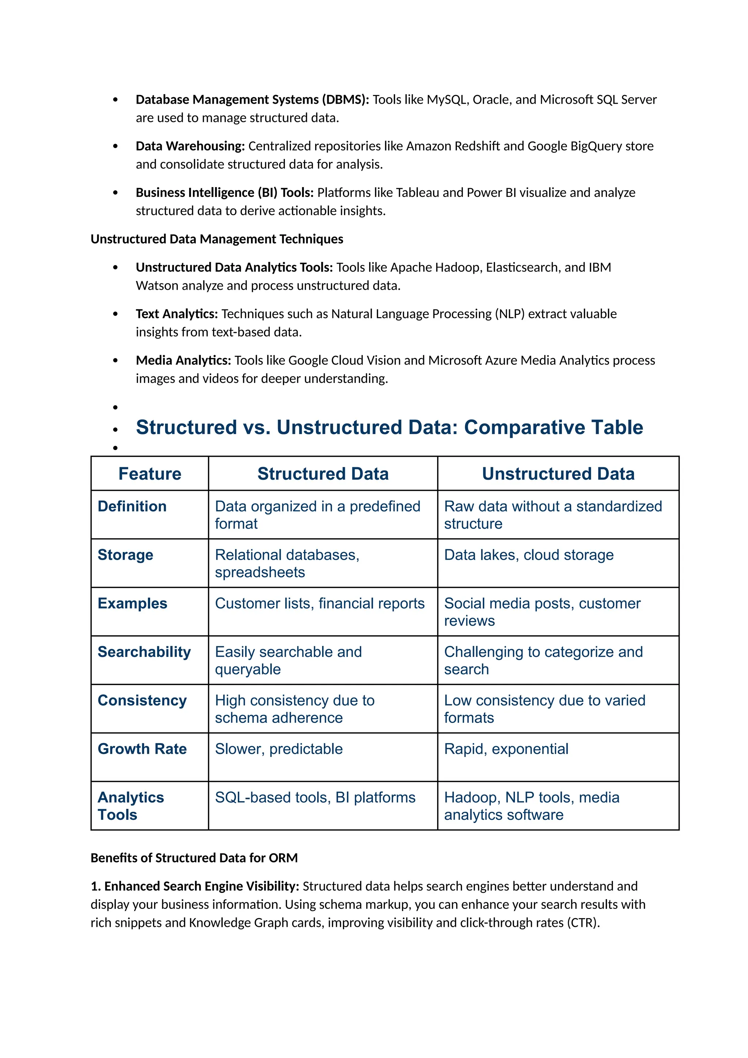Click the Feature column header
tap(150, 474)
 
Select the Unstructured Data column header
tap(558, 474)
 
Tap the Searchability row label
tap(144, 652)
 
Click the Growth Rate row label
tap(142, 749)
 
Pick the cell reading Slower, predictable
tap(279, 749)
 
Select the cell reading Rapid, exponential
tap(506, 749)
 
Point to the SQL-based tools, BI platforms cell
tap(315, 797)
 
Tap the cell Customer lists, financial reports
tap(320, 603)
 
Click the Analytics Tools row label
tap(130, 806)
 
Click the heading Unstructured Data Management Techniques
tap(217, 239)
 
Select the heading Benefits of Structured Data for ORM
tap(194, 858)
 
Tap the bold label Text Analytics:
tap(176, 314)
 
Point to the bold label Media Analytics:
tap(183, 360)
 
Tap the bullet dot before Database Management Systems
tap(115, 100)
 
